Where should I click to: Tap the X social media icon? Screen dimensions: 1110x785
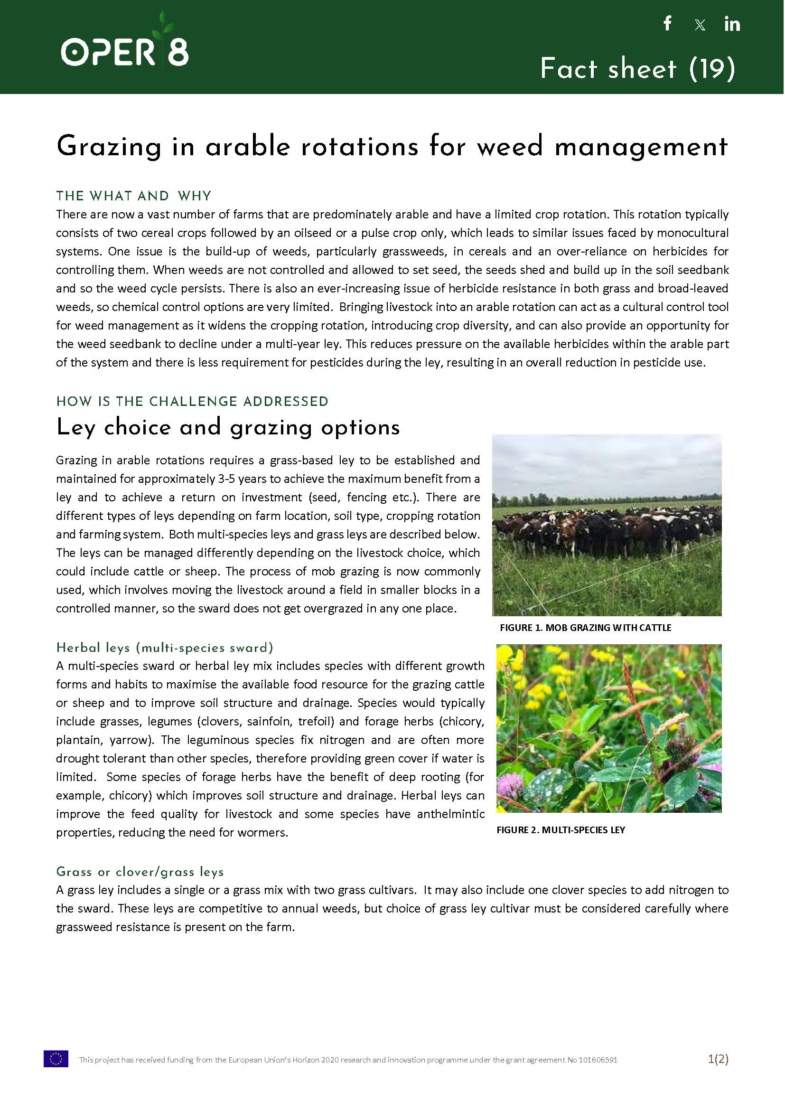tap(700, 25)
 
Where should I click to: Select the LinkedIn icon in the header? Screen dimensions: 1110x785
tap(732, 24)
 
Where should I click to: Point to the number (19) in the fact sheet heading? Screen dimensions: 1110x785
tap(712, 69)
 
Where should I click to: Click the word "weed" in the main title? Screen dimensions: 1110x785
tap(509, 146)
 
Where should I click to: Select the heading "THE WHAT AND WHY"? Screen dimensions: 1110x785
tap(133, 196)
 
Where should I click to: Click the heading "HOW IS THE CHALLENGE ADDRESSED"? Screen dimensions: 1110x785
tap(192, 401)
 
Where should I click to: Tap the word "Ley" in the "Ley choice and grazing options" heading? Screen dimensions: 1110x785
tap(75, 427)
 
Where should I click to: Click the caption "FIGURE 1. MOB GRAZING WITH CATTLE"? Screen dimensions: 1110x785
tap(585, 628)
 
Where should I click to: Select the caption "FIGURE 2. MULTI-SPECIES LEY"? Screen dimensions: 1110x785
tap(560, 829)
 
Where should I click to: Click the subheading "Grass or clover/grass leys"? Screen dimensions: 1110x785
tap(140, 871)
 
